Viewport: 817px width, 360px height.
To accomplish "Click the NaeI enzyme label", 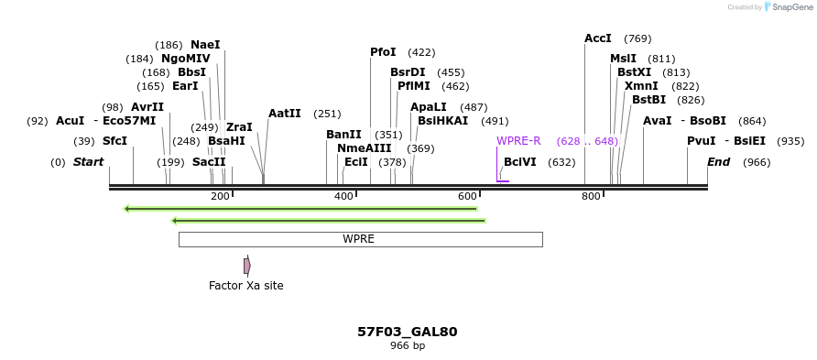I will click(x=205, y=45).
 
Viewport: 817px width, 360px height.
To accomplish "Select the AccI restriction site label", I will click(x=597, y=38).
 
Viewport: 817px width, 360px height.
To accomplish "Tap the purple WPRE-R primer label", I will click(x=518, y=141).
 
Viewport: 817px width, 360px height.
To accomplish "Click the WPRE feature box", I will click(x=360, y=239).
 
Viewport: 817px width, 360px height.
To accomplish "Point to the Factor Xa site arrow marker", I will click(x=247, y=266).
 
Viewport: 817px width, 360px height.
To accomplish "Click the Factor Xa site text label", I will click(x=245, y=286).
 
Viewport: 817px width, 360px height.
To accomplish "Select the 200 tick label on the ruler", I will click(x=220, y=196).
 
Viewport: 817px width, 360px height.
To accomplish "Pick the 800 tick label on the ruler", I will click(x=591, y=196).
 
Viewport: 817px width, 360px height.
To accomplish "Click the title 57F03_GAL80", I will click(x=408, y=332).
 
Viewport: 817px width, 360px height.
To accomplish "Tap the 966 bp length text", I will click(x=408, y=346).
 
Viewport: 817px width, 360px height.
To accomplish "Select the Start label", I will click(x=88, y=162).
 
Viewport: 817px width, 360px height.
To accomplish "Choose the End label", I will click(x=719, y=162).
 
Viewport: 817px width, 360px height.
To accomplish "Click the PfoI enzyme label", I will click(x=383, y=52).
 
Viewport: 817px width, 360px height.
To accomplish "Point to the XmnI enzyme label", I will click(x=641, y=86).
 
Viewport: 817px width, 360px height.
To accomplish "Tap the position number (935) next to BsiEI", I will click(x=790, y=141).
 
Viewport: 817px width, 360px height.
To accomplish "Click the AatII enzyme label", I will click(x=284, y=114).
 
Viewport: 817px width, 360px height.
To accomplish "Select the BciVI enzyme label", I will click(x=519, y=162).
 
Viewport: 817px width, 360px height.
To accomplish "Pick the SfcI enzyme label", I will click(x=114, y=141).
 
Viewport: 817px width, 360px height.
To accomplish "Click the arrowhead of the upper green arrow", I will click(x=128, y=209).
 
